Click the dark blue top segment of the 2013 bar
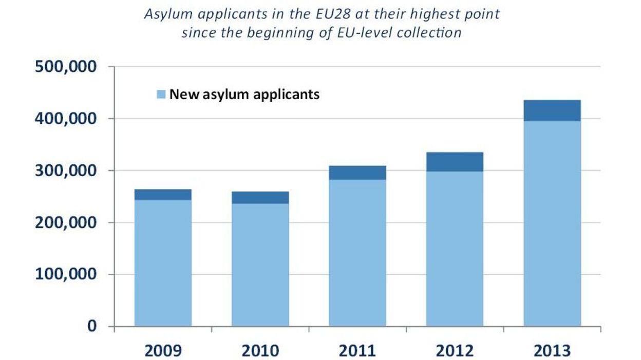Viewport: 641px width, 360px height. tap(552, 110)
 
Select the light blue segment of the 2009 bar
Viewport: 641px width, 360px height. tap(163, 262)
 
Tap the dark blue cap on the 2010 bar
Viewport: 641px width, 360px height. tap(260, 198)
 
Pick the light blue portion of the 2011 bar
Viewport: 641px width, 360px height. tap(357, 252)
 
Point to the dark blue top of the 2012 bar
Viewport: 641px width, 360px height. tap(455, 162)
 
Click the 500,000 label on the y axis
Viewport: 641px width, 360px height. tap(66, 67)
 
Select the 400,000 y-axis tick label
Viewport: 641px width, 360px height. tap(66, 119)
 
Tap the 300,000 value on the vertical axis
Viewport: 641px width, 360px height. tap(66, 170)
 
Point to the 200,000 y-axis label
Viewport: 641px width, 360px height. tap(66, 222)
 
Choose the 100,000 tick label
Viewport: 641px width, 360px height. tap(66, 274)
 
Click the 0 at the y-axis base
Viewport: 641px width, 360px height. tap(91, 326)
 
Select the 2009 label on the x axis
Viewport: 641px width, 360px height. tap(163, 351)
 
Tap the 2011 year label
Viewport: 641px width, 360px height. tap(357, 351)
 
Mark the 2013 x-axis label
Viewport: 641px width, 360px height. tap(552, 351)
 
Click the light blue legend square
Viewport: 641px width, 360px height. tap(161, 95)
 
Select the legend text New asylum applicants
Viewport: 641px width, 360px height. tap(244, 94)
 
